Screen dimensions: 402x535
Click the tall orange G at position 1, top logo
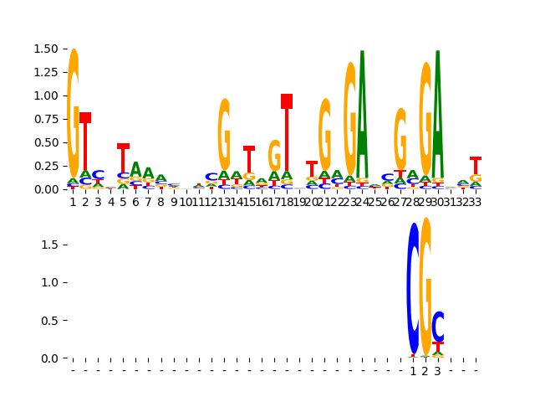tap(73, 113)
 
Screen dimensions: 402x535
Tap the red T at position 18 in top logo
tap(287, 134)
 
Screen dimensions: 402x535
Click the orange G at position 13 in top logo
tap(224, 134)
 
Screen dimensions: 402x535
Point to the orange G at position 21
tap(324, 134)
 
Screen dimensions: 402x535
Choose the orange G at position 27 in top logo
tap(400, 138)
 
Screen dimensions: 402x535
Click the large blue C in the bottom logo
tap(413, 289)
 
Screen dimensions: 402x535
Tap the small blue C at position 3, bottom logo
tap(438, 326)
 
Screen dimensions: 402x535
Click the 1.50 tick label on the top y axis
tap(45, 49)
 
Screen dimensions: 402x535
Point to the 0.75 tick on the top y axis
tap(45, 119)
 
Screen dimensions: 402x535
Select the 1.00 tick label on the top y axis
tap(45, 95)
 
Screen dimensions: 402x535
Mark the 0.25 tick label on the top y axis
tap(45, 166)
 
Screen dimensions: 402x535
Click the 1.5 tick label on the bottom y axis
tap(49, 245)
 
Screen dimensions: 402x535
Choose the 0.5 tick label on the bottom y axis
tap(49, 321)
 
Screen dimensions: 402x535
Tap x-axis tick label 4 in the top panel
tap(110, 202)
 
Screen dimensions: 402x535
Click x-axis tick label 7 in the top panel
tap(148, 202)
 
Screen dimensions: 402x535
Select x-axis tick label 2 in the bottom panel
tap(425, 371)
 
